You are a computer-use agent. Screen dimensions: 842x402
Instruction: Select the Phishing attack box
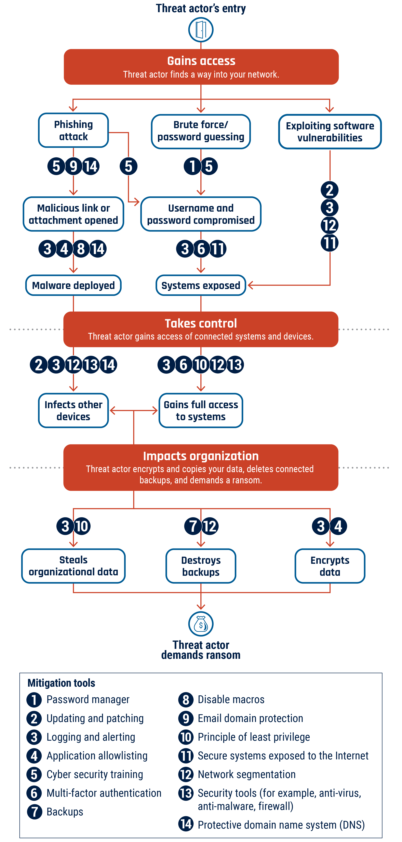coord(73,130)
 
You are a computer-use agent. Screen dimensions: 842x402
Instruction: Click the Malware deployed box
coord(73,285)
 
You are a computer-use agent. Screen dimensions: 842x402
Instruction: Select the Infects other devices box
coord(73,410)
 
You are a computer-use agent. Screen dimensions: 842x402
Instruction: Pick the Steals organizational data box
coord(73,566)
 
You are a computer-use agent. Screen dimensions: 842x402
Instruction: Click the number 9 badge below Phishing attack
coord(73,166)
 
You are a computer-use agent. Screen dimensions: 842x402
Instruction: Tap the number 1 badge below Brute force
coord(192,166)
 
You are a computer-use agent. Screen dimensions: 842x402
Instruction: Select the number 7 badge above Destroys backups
coord(193,526)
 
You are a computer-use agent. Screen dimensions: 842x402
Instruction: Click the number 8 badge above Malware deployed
coord(81,249)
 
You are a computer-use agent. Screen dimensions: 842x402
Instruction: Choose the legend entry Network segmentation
coord(246,774)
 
